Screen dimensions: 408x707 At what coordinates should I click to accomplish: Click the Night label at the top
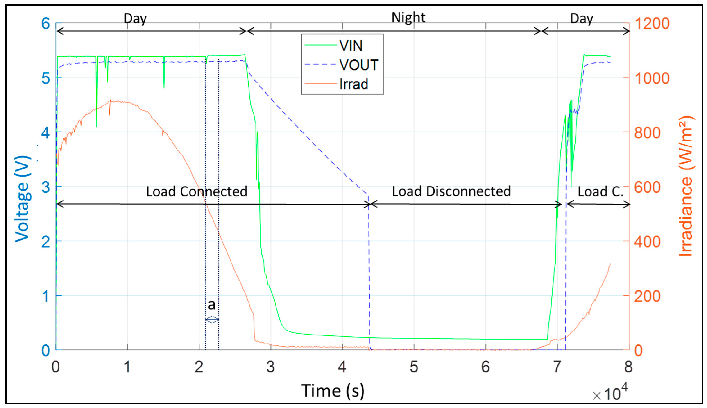(408, 17)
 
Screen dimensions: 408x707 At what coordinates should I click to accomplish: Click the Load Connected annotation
(197, 191)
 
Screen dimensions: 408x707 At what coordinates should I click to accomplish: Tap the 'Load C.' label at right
(600, 191)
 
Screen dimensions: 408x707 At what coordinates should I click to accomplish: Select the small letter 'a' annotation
(212, 305)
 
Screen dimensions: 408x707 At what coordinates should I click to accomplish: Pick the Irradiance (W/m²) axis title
(686, 186)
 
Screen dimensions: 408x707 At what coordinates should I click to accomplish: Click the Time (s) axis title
(333, 391)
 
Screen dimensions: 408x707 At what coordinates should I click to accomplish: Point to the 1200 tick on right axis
(652, 23)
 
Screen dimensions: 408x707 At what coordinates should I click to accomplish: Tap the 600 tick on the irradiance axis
(647, 187)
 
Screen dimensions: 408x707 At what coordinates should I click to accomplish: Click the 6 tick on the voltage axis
(46, 23)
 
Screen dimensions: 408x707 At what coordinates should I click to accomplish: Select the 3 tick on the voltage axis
(46, 187)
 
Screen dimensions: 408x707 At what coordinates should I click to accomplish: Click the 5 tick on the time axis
(414, 367)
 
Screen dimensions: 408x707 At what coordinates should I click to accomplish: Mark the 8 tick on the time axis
(628, 367)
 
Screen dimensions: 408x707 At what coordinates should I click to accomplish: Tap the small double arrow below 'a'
(212, 319)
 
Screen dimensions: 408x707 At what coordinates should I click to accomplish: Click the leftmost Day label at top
(135, 18)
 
